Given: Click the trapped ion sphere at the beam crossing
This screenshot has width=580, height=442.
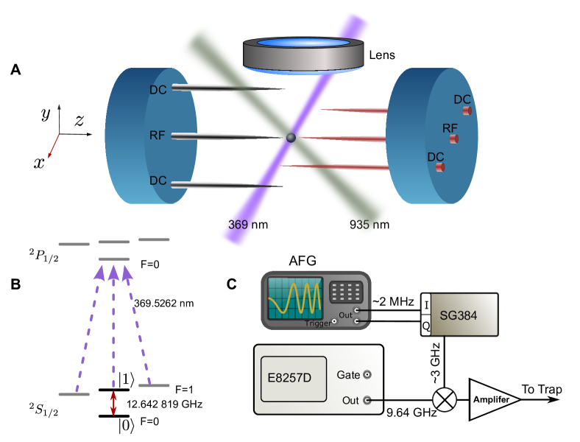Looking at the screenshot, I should tap(291, 138).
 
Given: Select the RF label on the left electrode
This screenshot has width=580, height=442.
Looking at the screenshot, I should tap(158, 136).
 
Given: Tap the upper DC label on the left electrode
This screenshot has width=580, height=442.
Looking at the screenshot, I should tap(158, 90).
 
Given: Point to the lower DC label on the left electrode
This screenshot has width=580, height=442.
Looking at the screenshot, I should tap(158, 180).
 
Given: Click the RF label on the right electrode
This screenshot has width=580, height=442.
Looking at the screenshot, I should tap(450, 128).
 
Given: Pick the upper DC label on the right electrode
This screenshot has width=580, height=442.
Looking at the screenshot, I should tap(462, 99).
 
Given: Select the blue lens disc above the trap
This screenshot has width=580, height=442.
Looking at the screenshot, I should tap(303, 43).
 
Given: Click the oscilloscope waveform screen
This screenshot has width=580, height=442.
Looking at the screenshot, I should tap(295, 298).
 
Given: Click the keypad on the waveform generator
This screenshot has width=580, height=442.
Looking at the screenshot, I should tap(344, 292).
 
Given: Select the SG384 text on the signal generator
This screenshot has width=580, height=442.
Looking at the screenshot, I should tap(459, 316).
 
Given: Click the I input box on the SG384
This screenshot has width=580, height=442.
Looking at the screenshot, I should tap(426, 305).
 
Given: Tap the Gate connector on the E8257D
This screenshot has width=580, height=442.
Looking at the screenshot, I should tap(367, 375).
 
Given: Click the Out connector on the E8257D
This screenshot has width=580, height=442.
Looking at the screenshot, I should tap(367, 401).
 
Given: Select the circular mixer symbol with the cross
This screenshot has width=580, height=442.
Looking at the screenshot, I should tap(444, 399).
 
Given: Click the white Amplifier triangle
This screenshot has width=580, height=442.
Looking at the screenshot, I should tap(491, 400).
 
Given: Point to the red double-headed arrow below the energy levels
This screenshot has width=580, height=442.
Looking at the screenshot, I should tap(113, 404).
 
